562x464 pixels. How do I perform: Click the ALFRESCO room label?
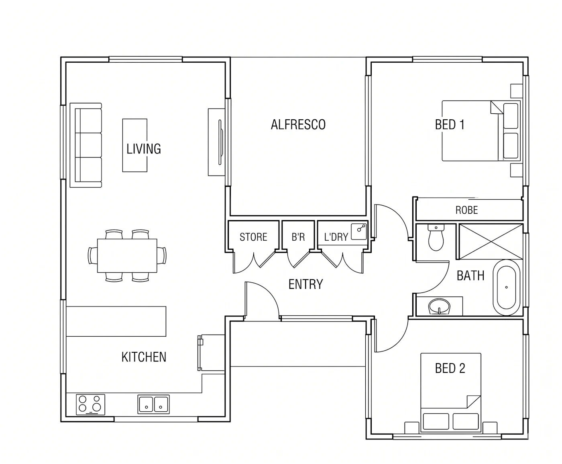(x=298, y=125)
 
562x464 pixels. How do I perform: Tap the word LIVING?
(x=144, y=149)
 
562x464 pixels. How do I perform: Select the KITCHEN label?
(x=144, y=357)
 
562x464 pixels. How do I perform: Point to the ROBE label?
(x=466, y=210)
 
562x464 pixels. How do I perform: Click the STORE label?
(x=253, y=237)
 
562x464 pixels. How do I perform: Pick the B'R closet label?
(x=298, y=237)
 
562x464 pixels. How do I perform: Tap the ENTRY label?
(x=305, y=284)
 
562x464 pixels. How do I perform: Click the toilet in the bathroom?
(x=436, y=237)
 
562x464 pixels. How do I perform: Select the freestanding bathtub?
(x=506, y=287)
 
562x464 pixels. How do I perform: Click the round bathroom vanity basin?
(x=439, y=307)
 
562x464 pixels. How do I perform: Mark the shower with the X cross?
(x=491, y=242)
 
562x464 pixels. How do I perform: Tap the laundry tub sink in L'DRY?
(x=359, y=232)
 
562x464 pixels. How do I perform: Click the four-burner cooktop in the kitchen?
(x=90, y=405)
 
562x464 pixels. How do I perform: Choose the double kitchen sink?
(x=153, y=404)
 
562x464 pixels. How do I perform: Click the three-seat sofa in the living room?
(x=86, y=145)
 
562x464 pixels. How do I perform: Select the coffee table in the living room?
(x=135, y=145)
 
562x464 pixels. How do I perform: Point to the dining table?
(x=127, y=256)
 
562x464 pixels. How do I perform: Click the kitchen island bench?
(x=116, y=321)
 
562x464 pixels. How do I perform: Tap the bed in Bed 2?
(x=451, y=392)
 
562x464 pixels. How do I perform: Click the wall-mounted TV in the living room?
(x=220, y=142)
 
